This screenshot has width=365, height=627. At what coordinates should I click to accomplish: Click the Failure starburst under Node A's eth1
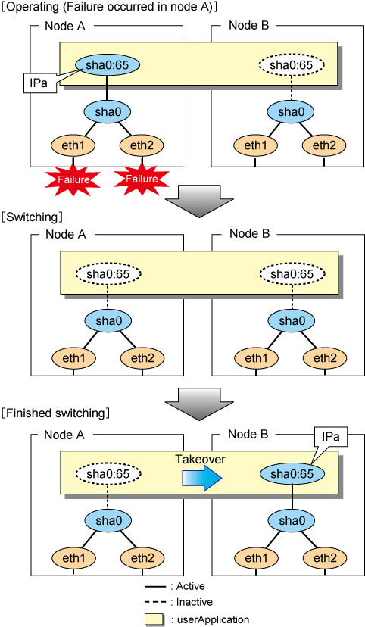click(x=73, y=179)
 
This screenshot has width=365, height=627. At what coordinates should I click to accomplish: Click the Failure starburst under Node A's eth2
click(x=142, y=179)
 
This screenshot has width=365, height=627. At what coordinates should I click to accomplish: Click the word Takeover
click(x=200, y=459)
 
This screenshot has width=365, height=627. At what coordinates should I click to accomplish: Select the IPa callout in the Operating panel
click(x=39, y=83)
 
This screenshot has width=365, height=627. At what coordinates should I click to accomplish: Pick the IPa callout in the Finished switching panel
click(x=330, y=437)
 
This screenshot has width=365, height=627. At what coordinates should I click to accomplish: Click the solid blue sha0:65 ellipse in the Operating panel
click(x=107, y=65)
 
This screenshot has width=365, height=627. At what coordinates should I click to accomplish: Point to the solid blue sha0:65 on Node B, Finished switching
click(x=292, y=474)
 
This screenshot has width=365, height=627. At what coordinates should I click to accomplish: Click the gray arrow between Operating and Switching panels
click(x=198, y=201)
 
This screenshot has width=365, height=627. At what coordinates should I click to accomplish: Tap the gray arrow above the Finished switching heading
click(x=198, y=405)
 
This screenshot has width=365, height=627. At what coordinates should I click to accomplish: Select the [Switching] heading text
click(x=32, y=217)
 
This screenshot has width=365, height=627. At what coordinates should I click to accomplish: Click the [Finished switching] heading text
click(x=55, y=413)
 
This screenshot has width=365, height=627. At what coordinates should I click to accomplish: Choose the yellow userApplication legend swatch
click(x=154, y=619)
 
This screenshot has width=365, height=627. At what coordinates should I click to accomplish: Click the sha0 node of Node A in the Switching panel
click(x=108, y=321)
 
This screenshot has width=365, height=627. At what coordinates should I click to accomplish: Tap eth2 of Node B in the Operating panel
click(x=324, y=145)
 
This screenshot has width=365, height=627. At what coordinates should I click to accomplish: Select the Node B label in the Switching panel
click(x=249, y=233)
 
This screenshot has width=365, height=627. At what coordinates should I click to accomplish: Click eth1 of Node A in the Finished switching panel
click(x=74, y=558)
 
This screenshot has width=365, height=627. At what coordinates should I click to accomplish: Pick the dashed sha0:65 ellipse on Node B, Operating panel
click(x=291, y=65)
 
